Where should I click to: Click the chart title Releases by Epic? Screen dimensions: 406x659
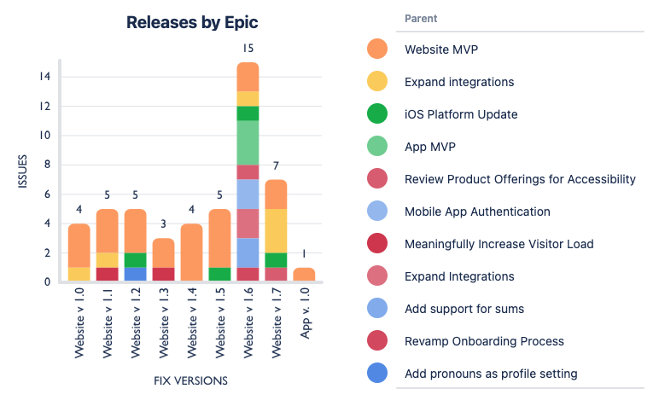click(x=192, y=22)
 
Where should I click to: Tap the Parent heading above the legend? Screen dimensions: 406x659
click(x=423, y=19)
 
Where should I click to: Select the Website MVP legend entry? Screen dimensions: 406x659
click(x=441, y=49)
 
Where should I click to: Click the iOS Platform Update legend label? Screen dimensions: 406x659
click(x=461, y=114)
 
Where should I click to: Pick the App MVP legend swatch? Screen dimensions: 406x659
click(x=376, y=147)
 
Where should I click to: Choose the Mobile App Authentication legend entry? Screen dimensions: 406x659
click(x=477, y=212)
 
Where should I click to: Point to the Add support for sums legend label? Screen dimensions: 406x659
click(x=464, y=309)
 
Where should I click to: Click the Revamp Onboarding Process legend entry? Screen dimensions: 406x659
click(x=484, y=341)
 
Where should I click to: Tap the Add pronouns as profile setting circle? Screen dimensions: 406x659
click(x=376, y=374)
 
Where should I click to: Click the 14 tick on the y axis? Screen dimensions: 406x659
click(x=45, y=77)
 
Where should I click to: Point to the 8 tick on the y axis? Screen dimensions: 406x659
click(x=48, y=165)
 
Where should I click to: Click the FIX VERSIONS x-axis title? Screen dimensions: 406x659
click(x=190, y=380)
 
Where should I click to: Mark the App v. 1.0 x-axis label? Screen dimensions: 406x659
click(x=304, y=315)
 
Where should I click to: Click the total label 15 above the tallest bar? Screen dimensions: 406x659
click(x=248, y=49)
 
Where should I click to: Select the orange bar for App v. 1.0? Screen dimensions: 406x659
click(x=304, y=275)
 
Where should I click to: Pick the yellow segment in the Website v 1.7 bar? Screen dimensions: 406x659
click(x=276, y=230)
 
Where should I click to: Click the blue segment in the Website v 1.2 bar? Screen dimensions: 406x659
click(x=136, y=274)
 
